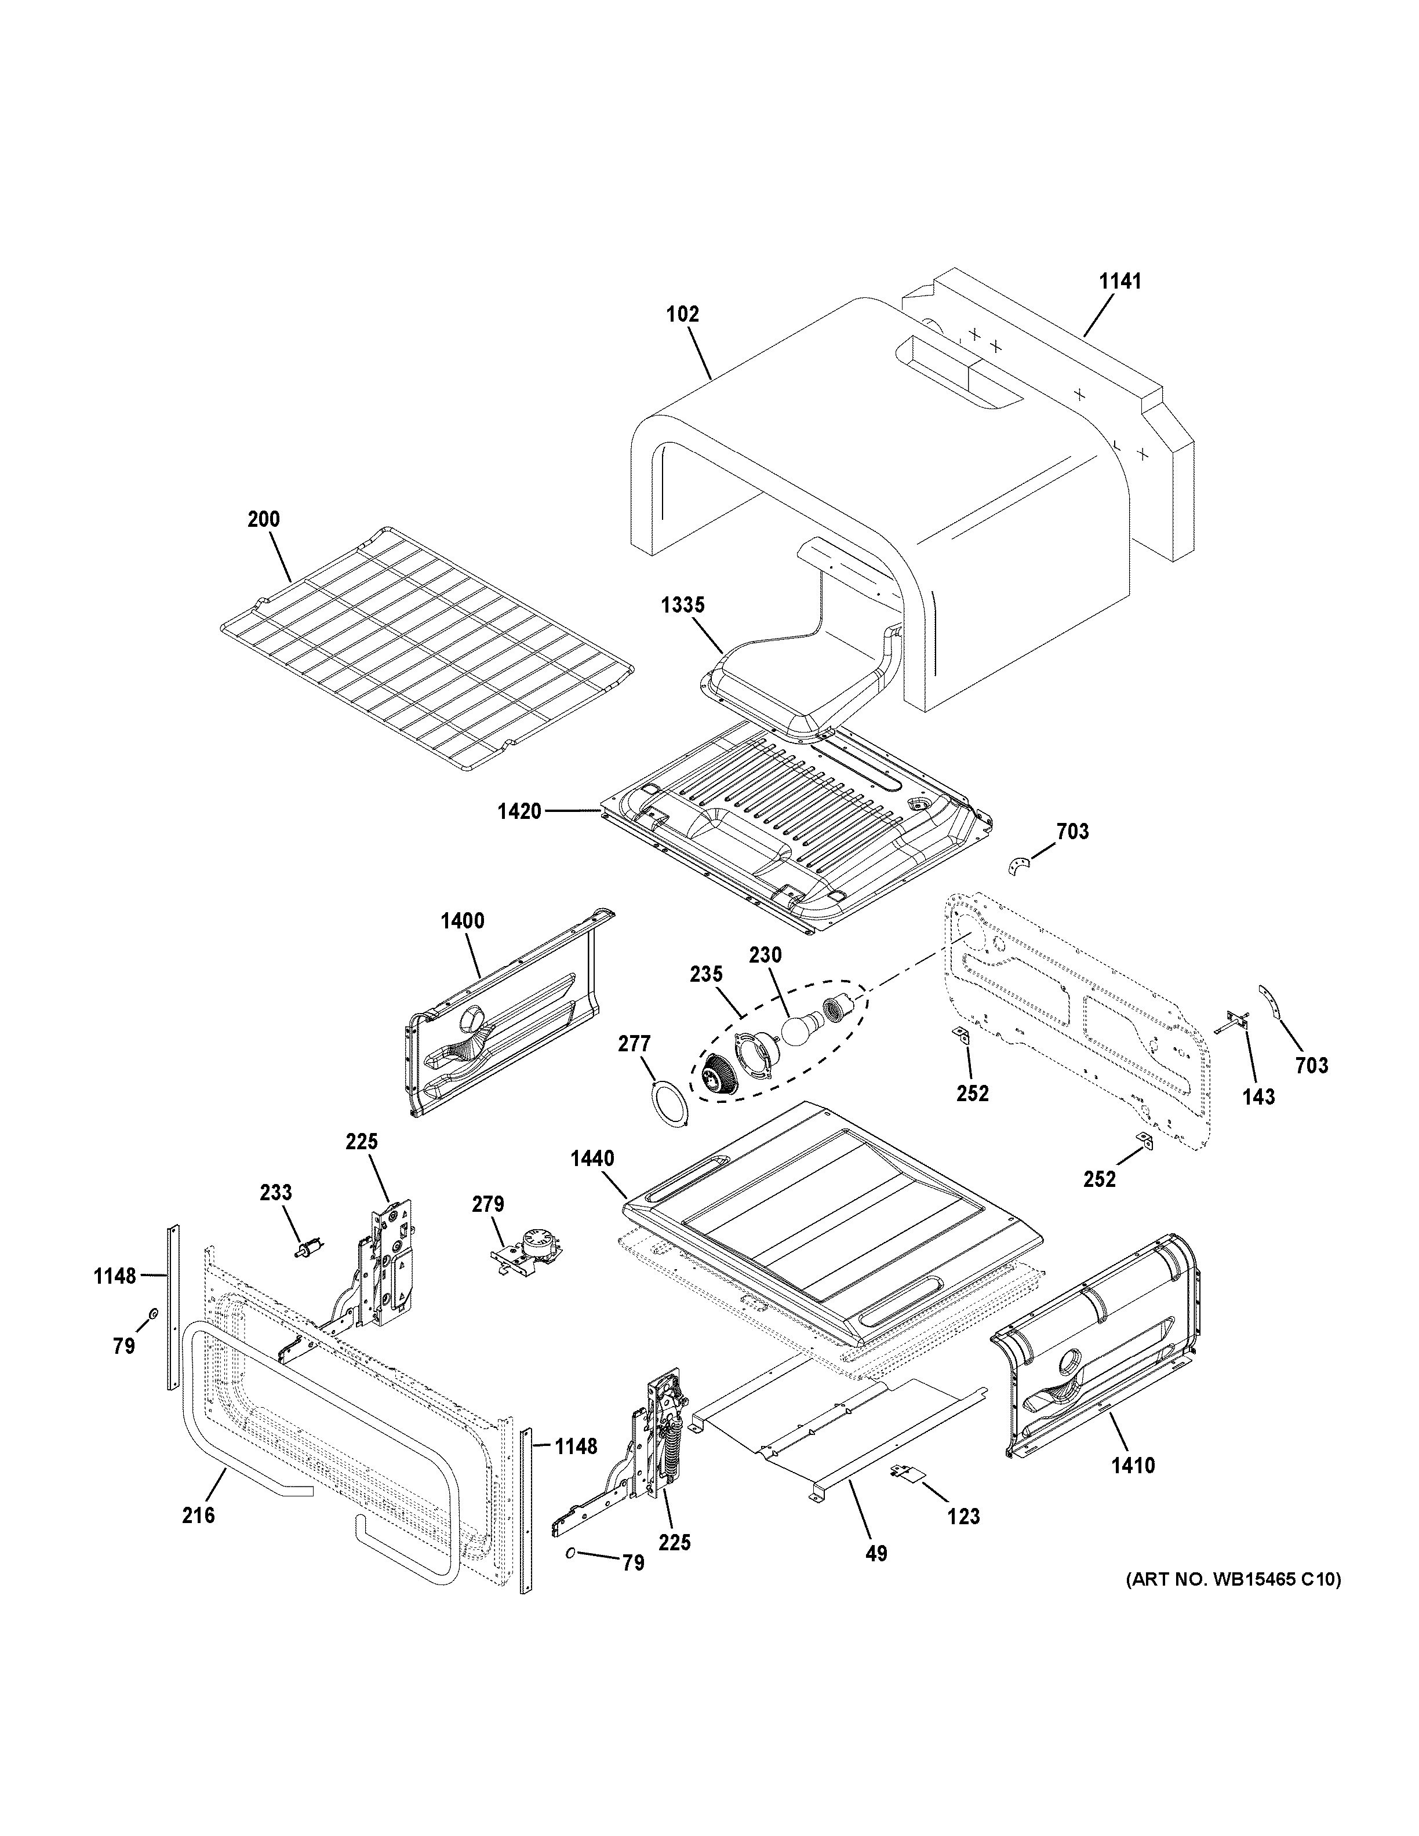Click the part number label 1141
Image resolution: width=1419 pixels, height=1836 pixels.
1120,282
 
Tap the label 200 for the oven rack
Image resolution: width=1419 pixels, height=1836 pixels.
263,519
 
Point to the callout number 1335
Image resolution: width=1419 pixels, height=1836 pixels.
683,605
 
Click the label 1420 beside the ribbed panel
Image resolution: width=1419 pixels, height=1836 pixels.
519,812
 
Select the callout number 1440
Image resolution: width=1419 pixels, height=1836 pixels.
592,1159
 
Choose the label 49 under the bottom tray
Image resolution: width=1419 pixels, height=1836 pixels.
876,1554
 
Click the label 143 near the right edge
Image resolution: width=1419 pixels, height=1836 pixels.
1258,1096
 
